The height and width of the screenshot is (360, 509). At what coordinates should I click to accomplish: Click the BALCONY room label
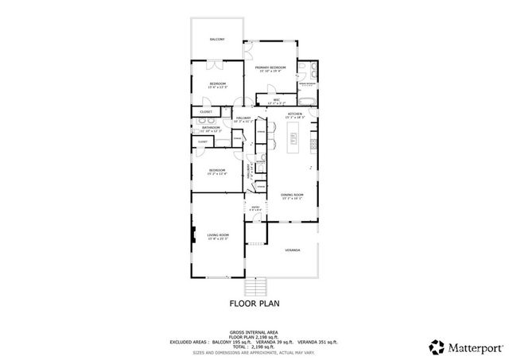217,39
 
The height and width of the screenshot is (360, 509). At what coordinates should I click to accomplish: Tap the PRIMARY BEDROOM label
270,68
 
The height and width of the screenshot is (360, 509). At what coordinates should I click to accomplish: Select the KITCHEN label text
295,114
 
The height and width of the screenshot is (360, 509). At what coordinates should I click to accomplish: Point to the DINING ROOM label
292,195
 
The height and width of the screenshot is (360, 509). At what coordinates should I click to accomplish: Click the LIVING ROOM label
218,235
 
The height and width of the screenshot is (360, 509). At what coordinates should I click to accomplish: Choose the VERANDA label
293,250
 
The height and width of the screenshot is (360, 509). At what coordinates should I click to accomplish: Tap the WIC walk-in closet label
276,100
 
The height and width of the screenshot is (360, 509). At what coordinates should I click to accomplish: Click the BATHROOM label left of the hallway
211,127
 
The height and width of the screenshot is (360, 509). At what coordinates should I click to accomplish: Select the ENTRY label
256,207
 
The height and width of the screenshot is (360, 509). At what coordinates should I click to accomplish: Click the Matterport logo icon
437,346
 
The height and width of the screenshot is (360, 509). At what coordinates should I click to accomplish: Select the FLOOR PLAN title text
254,303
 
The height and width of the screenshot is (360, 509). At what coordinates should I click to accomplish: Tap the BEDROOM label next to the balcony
218,83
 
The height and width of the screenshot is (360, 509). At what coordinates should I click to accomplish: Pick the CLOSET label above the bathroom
206,112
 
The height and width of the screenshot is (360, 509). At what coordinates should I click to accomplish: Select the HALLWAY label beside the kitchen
243,118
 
